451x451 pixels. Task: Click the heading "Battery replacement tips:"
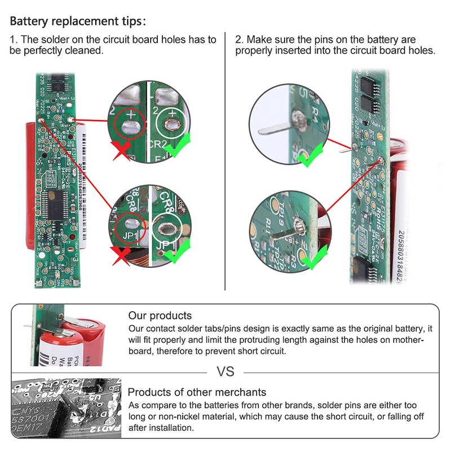pos(78,22)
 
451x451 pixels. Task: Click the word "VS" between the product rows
pos(225,372)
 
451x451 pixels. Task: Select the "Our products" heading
pos(160,316)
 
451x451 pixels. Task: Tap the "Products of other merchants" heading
pos(197,392)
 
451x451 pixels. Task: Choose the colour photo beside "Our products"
pos(67,335)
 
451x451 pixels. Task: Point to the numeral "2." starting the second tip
pos(240,39)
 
